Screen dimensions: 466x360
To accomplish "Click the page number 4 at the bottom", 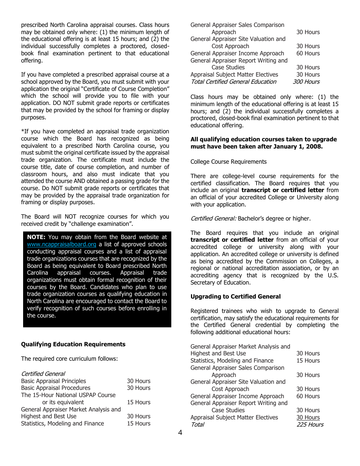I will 180,433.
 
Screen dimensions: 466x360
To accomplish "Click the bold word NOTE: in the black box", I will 36,237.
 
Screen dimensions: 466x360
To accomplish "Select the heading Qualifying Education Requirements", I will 73,344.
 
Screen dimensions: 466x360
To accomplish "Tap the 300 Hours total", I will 306,82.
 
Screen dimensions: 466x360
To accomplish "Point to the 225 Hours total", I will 310,425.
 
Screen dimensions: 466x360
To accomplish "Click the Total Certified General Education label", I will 233,82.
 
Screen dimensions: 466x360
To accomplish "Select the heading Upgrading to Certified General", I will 235,297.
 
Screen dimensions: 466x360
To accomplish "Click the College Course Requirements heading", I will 229,162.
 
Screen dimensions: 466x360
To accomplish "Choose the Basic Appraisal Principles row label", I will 53,381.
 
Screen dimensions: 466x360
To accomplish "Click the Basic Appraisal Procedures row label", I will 56,388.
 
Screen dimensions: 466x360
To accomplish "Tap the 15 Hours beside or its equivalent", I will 139,402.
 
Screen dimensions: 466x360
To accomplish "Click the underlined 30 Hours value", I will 308,418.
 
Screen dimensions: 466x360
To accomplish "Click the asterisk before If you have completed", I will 22,131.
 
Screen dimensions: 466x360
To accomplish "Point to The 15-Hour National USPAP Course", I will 68,395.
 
